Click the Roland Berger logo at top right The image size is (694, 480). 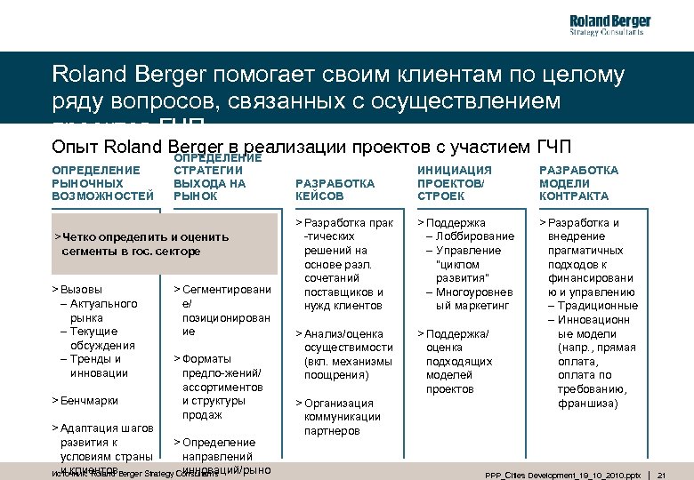click(609, 25)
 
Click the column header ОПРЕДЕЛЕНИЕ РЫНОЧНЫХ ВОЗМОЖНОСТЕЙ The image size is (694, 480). click(96, 182)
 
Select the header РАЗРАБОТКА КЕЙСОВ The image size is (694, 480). click(334, 189)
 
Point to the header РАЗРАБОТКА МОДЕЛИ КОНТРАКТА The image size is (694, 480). click(578, 182)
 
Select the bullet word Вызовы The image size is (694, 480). click(80, 290)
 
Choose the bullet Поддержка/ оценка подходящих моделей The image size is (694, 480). click(459, 361)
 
